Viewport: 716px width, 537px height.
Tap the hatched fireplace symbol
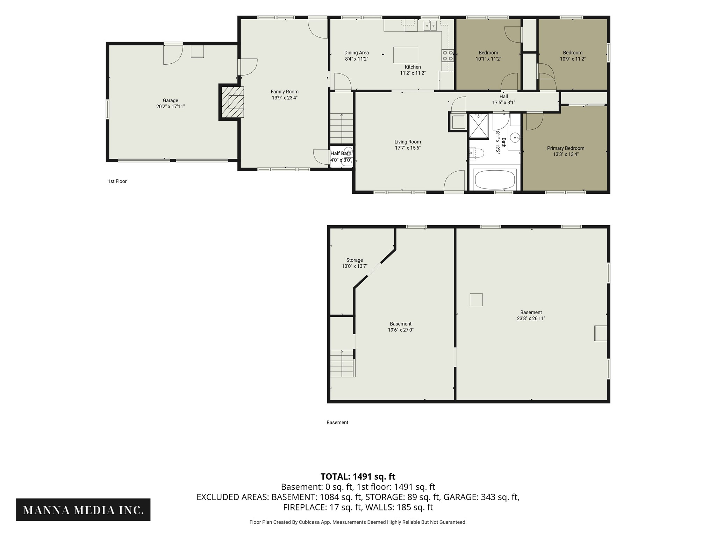[x=231, y=102]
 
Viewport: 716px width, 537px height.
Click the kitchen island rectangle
[x=406, y=55]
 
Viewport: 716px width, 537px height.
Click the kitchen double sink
[x=430, y=26]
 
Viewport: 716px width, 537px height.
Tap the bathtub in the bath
[x=494, y=179]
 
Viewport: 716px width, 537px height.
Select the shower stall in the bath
[x=478, y=126]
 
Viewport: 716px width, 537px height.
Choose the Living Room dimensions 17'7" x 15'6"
[x=408, y=148]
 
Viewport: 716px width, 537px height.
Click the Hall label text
[x=503, y=96]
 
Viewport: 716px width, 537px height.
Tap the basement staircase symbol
[x=343, y=363]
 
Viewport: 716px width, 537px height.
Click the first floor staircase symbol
[x=342, y=128]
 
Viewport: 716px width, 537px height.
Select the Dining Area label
[x=357, y=53]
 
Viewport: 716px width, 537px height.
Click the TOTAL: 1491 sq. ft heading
[x=358, y=477]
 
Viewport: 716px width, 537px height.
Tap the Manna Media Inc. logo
[x=83, y=510]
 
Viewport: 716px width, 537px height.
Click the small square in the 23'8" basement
[x=476, y=300]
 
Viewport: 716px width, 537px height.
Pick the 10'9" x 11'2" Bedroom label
[x=573, y=56]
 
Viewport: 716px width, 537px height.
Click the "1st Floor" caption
[x=117, y=181]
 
